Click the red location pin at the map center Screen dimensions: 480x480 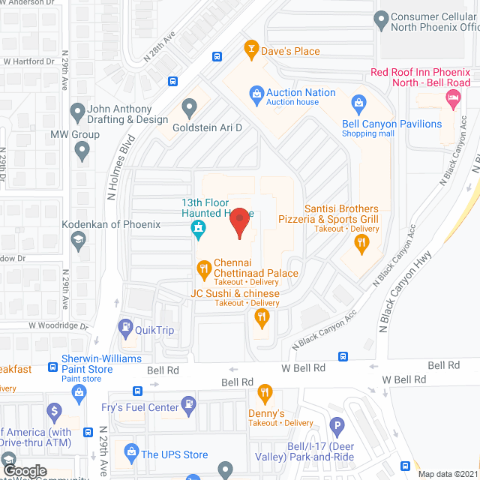(x=239, y=221)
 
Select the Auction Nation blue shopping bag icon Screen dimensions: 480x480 (x=256, y=93)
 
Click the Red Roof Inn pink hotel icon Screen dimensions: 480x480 (x=452, y=97)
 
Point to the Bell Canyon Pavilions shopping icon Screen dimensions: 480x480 (x=358, y=103)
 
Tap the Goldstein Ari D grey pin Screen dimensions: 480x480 (x=189, y=110)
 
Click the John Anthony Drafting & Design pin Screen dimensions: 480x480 (x=76, y=113)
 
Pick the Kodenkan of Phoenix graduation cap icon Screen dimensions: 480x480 (x=76, y=239)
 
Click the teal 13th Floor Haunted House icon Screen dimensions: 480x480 (x=199, y=228)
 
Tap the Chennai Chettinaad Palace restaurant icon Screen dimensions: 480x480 (x=202, y=268)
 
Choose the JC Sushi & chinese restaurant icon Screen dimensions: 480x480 (x=261, y=318)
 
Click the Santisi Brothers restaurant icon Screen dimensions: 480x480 (x=361, y=241)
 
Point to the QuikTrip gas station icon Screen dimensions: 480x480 (x=125, y=328)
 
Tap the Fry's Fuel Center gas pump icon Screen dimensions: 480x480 (x=189, y=407)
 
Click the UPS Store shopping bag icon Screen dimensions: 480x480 (x=131, y=454)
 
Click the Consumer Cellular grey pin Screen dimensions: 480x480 (x=380, y=18)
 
